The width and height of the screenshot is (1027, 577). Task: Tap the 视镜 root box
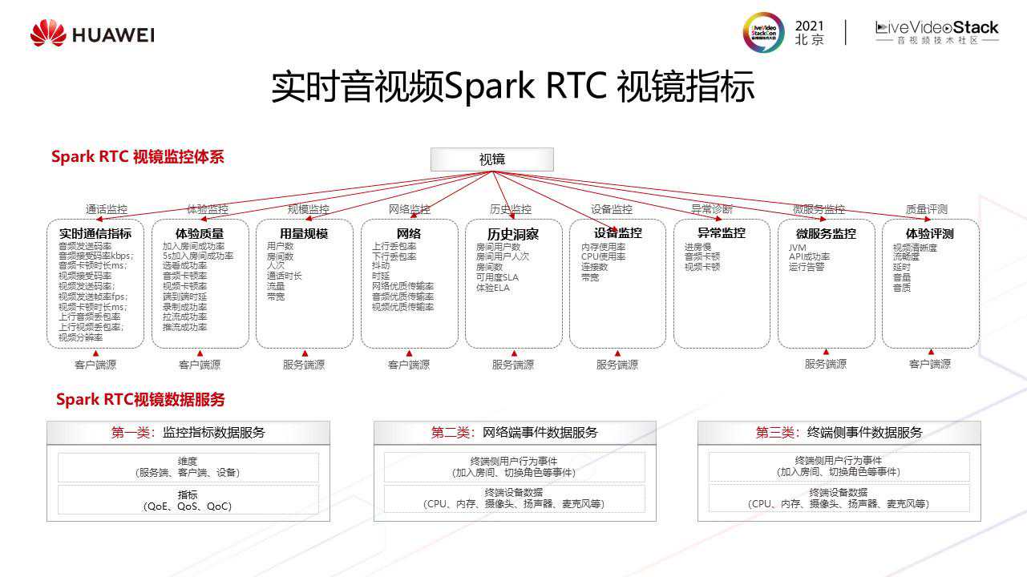492,159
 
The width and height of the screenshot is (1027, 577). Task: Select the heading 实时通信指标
95,233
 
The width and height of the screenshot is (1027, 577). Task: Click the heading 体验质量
200,233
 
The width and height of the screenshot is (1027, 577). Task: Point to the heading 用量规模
304,233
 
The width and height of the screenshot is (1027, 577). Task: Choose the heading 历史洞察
513,234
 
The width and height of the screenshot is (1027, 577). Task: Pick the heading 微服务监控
826,233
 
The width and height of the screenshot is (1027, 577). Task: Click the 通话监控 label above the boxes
107,209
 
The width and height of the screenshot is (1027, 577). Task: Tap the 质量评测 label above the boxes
926,209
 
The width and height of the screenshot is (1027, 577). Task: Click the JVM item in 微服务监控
797,248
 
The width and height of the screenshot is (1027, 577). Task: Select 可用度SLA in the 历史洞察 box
497,277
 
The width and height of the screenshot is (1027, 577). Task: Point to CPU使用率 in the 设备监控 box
604,257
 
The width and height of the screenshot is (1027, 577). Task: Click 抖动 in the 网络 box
381,266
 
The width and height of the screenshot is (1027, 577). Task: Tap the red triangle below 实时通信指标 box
95,353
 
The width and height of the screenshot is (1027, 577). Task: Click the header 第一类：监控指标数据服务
188,433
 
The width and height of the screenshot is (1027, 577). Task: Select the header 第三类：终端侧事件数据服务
839,433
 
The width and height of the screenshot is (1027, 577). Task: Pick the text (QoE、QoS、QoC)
188,506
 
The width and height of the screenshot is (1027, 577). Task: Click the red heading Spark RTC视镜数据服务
140,399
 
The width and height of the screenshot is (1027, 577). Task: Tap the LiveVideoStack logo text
937,28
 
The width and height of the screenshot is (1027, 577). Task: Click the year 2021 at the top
809,26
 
